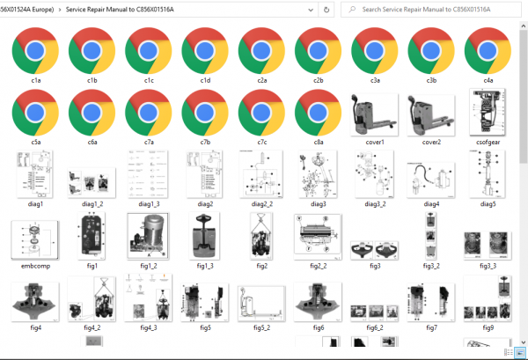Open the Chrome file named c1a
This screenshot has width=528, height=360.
pos(35,51)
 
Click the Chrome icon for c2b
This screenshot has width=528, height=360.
pos(319,51)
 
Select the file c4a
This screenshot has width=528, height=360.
pos(488,51)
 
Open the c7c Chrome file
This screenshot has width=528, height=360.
pos(261,113)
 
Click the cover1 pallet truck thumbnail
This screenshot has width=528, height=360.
pos(375,114)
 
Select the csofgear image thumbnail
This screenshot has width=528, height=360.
pos(488,112)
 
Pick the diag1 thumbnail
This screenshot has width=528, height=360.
pos(35,174)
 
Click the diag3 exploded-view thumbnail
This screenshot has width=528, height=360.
pos(318,174)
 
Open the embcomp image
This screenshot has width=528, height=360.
pos(35,240)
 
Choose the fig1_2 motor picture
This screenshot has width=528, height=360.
pos(148,236)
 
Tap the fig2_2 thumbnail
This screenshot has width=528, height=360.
pos(318,238)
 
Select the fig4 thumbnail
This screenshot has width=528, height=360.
pos(35,302)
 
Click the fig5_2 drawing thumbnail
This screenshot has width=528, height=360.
pos(261,304)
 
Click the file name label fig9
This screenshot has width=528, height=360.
pos(488,327)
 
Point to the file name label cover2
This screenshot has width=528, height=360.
pos(431,142)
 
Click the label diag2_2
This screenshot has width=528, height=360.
pos(262,204)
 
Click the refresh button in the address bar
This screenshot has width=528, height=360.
pos(326,10)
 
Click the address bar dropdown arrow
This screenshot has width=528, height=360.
pos(311,10)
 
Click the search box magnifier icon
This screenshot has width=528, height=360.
pos(352,10)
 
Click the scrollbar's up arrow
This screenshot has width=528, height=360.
pos(524,26)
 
